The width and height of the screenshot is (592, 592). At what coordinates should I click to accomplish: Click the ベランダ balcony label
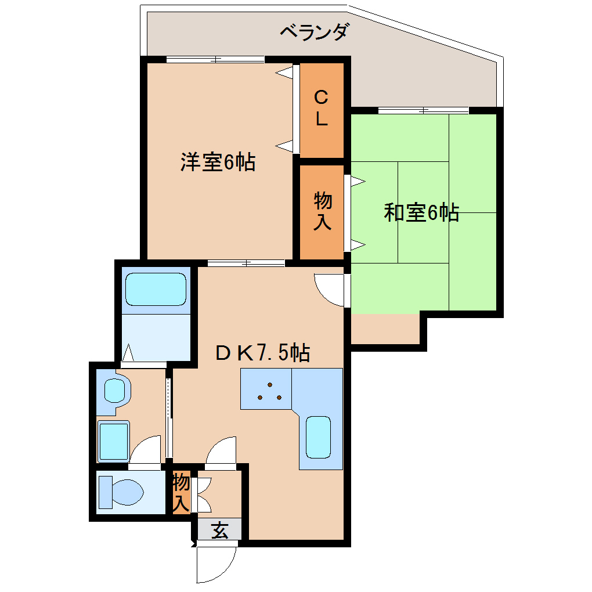click(x=314, y=32)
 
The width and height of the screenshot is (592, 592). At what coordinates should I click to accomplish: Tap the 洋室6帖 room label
click(x=218, y=162)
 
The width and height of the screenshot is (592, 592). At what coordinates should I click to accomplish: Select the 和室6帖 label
click(x=421, y=212)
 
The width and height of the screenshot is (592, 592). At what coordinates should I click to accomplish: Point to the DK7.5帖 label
click(x=263, y=353)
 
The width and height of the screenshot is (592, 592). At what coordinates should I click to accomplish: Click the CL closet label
click(x=322, y=108)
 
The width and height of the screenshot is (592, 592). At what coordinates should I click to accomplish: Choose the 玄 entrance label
click(x=220, y=530)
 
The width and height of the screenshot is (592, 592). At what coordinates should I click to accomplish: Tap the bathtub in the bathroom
click(x=156, y=289)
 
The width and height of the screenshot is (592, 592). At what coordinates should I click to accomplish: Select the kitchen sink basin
click(x=318, y=437)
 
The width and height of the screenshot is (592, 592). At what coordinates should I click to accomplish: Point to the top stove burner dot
click(x=270, y=385)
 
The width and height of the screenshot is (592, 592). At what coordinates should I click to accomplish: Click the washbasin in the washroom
click(x=114, y=391)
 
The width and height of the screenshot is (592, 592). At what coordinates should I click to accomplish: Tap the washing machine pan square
click(x=114, y=441)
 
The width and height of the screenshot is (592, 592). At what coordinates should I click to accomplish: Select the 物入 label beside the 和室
click(x=322, y=211)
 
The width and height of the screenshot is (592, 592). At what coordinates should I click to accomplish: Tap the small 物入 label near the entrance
click(x=181, y=493)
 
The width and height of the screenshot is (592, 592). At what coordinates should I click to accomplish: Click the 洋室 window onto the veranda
click(x=215, y=60)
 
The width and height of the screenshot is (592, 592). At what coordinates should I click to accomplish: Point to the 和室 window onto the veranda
click(x=423, y=111)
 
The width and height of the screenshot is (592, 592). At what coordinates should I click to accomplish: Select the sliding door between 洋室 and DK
click(x=246, y=263)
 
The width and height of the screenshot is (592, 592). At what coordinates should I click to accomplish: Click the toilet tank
click(x=106, y=492)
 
